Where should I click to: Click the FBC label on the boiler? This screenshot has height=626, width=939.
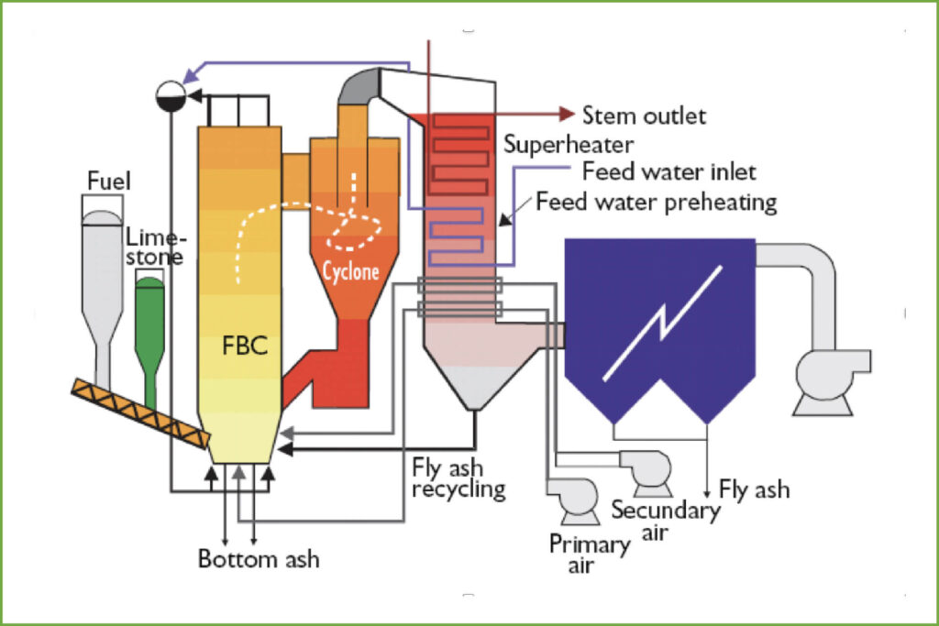pos(245,346)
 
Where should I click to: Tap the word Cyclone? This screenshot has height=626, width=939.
pos(351,271)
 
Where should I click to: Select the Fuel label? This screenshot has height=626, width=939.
pos(108,181)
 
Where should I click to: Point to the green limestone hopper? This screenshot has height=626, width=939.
pos(149,341)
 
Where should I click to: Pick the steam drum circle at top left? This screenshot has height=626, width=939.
pos(171,95)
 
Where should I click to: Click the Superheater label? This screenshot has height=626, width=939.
pos(569,145)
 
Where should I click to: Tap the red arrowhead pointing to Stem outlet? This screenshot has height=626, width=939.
pos(567,114)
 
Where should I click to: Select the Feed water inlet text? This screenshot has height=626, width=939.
pos(668,171)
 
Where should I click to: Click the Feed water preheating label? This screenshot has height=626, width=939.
pos(657,203)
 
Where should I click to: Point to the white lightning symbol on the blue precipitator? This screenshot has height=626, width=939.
pos(662,324)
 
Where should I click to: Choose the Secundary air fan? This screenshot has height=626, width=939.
pos(646,473)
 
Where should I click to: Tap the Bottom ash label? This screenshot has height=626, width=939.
pos(259,559)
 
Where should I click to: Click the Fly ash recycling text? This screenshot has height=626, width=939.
pos(458,478)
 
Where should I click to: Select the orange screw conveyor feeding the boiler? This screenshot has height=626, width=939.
pos(141,413)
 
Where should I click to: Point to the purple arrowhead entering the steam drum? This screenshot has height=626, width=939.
pos(191,76)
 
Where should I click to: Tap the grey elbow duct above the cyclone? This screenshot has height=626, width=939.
pos(359,85)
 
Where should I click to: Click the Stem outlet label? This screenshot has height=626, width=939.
pos(645,115)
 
